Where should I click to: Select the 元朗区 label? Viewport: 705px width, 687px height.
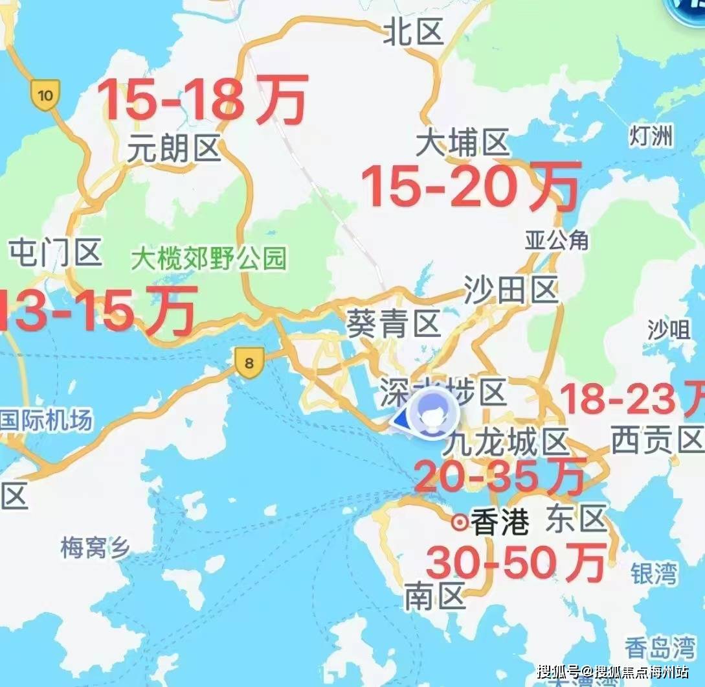173,149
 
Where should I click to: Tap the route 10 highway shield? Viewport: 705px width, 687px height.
45,95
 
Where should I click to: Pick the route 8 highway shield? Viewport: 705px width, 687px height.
249,362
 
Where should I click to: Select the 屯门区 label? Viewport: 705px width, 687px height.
56,252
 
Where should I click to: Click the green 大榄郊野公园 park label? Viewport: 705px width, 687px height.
208,259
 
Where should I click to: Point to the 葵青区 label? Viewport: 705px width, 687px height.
394,322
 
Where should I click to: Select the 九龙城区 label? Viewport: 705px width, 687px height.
507,444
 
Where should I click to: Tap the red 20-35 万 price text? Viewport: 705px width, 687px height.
499,476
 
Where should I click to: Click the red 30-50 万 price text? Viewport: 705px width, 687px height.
516,561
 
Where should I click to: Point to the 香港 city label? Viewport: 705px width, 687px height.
499,522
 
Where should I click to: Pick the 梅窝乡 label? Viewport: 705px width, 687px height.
95,548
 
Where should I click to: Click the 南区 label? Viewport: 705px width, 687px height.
434,596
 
